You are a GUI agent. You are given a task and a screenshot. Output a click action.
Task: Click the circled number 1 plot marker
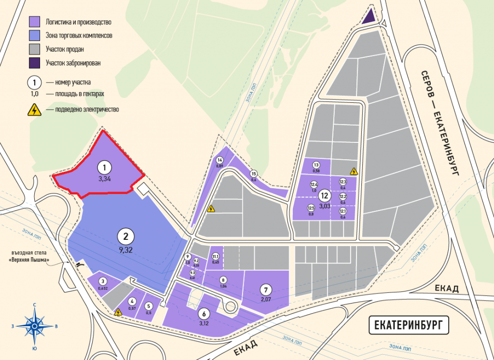pos(104,167)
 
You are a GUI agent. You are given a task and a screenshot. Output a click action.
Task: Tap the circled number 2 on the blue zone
pos(125,236)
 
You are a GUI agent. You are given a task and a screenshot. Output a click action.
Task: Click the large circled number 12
pos(324,196)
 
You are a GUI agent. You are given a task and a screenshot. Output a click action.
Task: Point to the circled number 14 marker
pos(220,160)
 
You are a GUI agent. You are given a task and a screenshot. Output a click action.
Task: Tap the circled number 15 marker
pos(253,174)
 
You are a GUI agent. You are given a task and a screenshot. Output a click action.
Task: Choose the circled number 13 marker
pos(316,165)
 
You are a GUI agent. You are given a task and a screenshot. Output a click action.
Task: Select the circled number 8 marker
pos(223,280)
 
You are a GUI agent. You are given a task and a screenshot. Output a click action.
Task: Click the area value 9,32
pos(125,249)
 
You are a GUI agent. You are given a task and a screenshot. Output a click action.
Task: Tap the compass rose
pos(35,326)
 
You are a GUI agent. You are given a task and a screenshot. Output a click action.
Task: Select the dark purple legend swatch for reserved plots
pos(34,63)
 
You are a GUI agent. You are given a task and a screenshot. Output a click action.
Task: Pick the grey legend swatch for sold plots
pos(34,49)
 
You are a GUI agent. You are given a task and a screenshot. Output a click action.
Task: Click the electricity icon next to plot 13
pos(354,171)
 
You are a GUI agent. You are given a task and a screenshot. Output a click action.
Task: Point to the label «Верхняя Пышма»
pos(31,261)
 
